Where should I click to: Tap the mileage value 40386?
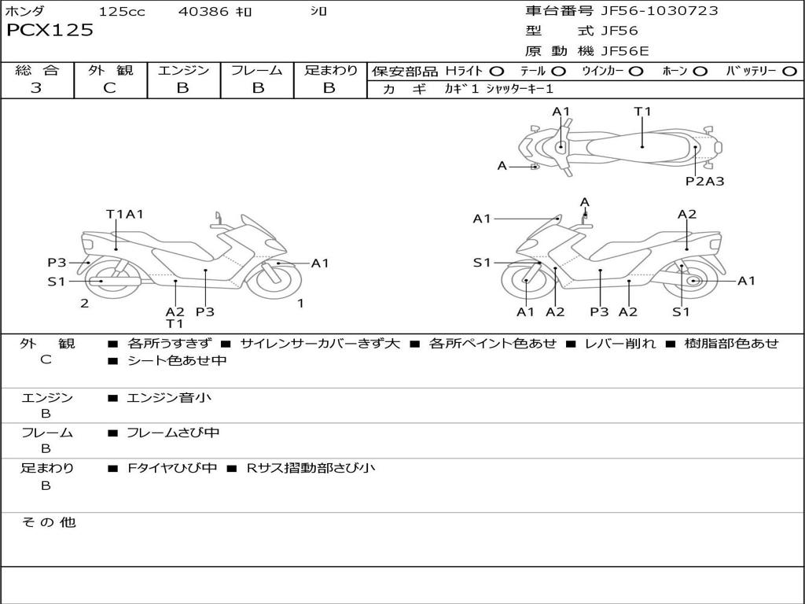coord(204,12)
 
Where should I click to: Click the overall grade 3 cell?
coord(36,88)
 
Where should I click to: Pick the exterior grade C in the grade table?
coord(109,88)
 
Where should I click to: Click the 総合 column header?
coord(36,70)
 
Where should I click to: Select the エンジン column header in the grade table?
coord(183,70)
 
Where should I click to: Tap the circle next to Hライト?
coord(497,71)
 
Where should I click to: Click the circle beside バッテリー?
coord(789,71)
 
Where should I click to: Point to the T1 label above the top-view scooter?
coord(643,112)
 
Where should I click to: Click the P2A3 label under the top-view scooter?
coord(704,182)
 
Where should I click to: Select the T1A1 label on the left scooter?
coord(124,214)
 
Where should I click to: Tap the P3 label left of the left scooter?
coord(57,263)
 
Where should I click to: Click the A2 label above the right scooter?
coord(687,214)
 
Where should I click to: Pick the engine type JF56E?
coord(625,51)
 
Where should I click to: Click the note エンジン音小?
coord(168,398)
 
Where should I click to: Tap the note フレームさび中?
coord(173,433)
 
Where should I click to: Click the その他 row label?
coord(48,522)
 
